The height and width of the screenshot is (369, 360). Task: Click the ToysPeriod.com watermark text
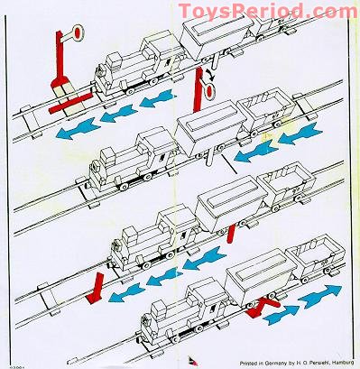[267, 11]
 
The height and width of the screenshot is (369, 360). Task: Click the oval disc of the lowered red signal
[209, 92]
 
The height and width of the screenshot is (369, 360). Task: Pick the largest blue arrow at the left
[77, 132]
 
